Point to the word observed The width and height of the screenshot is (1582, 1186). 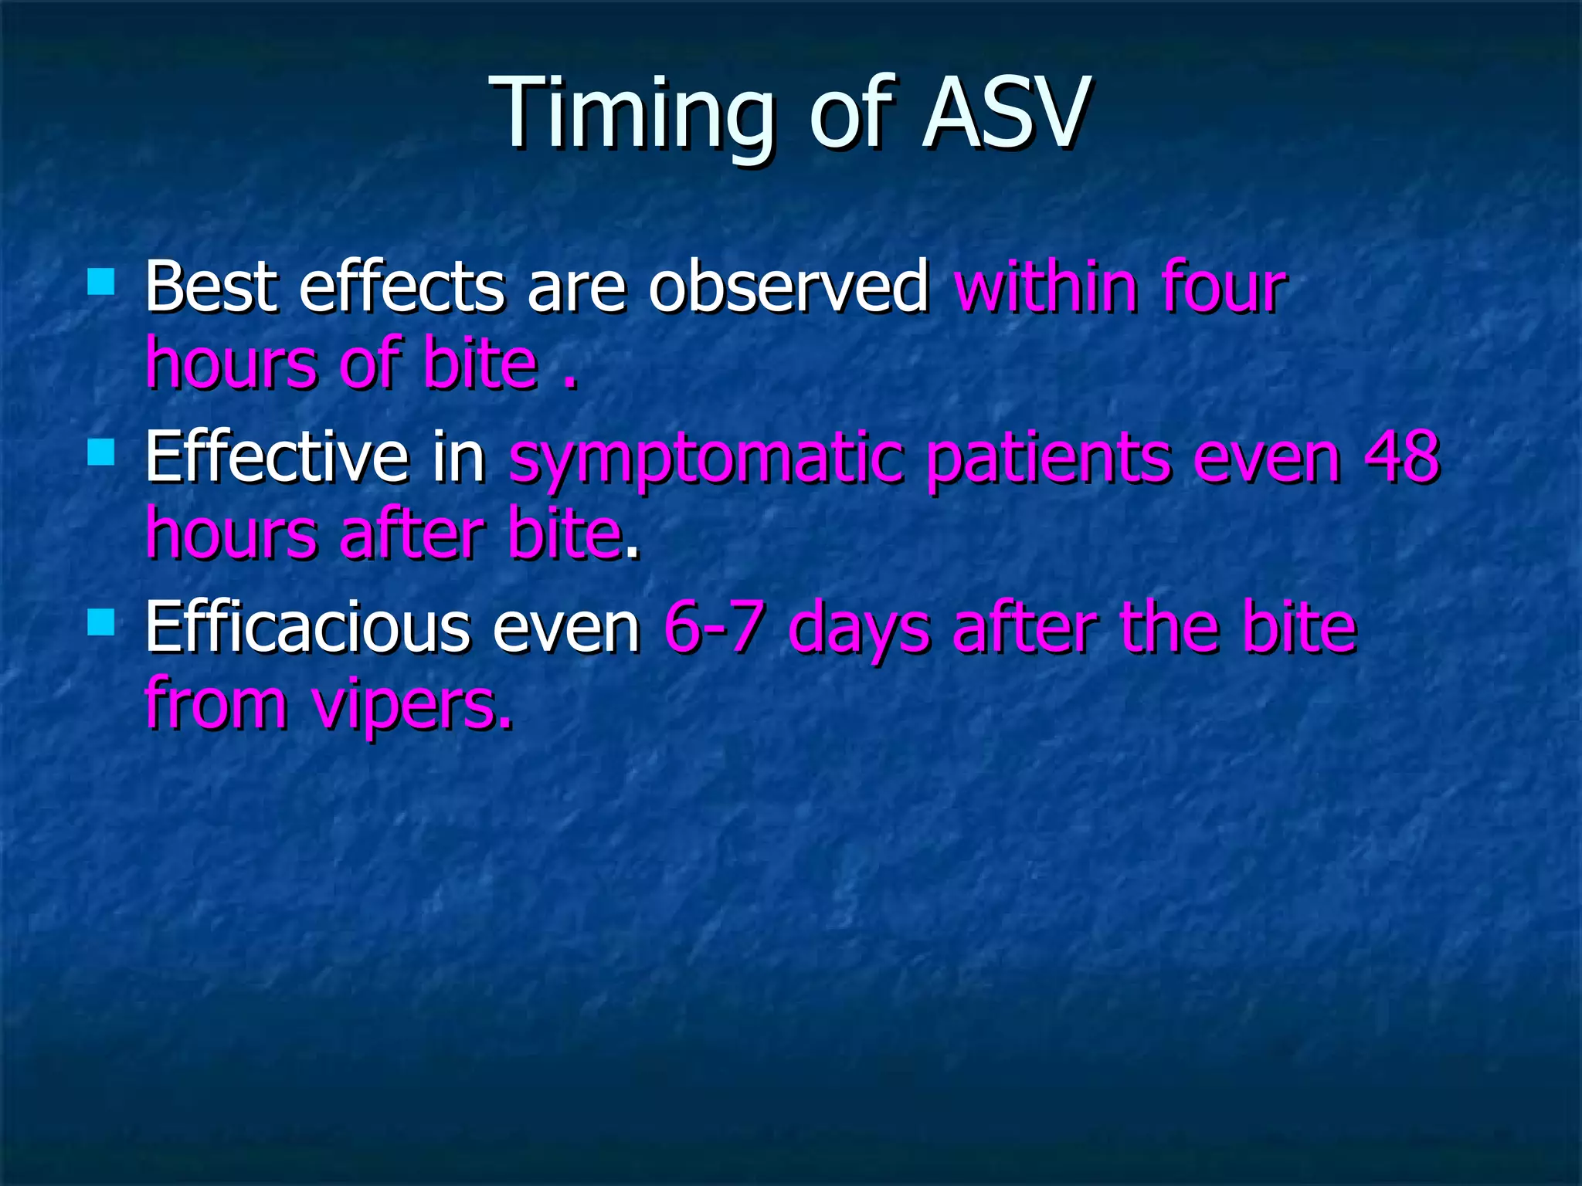tap(788, 287)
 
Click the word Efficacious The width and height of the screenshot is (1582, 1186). tap(307, 627)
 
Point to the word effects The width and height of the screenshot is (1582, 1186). tap(401, 287)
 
